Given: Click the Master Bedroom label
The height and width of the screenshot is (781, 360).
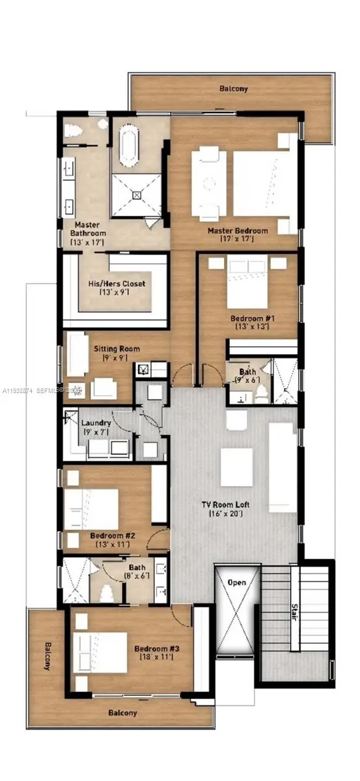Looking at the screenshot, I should click(238, 231).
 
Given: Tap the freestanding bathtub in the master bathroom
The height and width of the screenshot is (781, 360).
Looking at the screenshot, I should click(127, 144).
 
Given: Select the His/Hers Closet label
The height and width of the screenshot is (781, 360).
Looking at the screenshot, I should click(117, 284).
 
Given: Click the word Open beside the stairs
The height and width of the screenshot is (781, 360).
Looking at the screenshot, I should click(236, 582).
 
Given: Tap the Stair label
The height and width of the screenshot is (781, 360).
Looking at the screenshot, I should click(294, 613).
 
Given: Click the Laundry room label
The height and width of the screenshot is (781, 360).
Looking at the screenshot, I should click(96, 423).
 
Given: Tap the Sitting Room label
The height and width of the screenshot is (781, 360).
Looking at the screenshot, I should click(117, 349).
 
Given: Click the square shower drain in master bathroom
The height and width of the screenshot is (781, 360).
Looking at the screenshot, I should click(137, 194).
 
